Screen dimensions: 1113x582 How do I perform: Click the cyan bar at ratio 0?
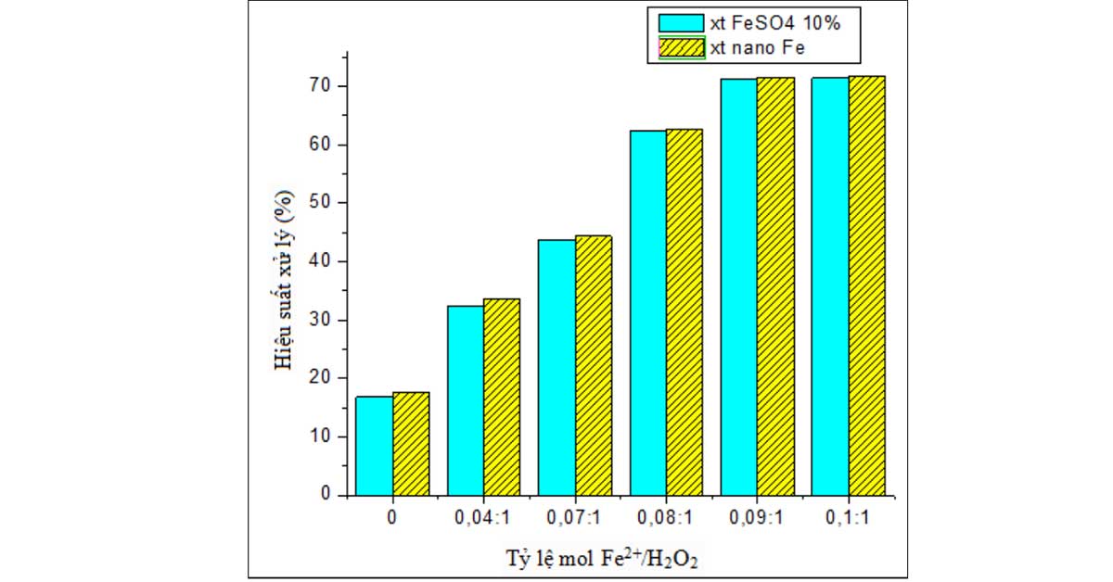pyautogui.click(x=375, y=446)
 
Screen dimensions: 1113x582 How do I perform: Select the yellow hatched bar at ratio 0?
pyautogui.click(x=412, y=444)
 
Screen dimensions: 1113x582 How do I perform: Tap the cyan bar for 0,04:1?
pyautogui.click(x=466, y=400)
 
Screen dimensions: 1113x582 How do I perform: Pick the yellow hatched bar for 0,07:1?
pyautogui.click(x=594, y=365)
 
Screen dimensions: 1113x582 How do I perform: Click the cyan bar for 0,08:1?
pyautogui.click(x=648, y=313)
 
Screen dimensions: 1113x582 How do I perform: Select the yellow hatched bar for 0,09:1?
pyautogui.click(x=775, y=286)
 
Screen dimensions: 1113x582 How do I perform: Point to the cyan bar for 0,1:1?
pyautogui.click(x=830, y=286)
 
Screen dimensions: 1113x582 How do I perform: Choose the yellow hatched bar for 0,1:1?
pyautogui.click(x=867, y=286)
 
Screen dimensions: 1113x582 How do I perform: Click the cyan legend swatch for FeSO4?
pyautogui.click(x=681, y=23)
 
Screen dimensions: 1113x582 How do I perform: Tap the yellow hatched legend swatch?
pyautogui.click(x=682, y=47)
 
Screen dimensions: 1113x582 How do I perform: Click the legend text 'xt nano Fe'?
pyautogui.click(x=758, y=48)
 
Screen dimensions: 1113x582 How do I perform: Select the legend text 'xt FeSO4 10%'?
pyautogui.click(x=775, y=23)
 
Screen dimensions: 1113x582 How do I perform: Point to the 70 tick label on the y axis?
pyautogui.click(x=320, y=86)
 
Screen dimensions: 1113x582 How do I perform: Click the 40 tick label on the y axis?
pyautogui.click(x=320, y=261)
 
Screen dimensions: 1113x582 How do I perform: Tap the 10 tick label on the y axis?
pyautogui.click(x=320, y=436)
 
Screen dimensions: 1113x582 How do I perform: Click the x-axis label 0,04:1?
pyautogui.click(x=482, y=518)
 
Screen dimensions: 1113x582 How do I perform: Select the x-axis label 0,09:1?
pyautogui.click(x=756, y=518)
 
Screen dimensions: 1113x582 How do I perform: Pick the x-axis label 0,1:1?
pyautogui.click(x=847, y=518)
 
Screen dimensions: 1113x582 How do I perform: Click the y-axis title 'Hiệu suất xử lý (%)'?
pyautogui.click(x=284, y=280)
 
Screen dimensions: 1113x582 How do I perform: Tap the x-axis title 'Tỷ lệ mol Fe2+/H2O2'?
pyautogui.click(x=602, y=559)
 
